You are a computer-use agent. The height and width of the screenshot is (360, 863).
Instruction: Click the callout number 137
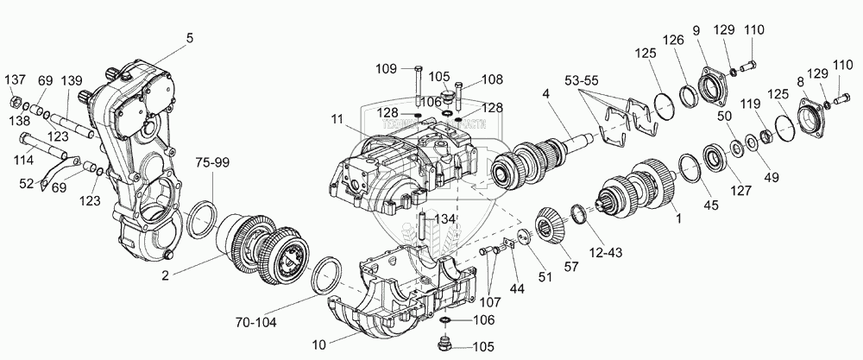coord(16,80)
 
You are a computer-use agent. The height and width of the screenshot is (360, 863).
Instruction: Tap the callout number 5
coord(189,37)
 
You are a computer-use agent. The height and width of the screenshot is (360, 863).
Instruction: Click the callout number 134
coord(445,218)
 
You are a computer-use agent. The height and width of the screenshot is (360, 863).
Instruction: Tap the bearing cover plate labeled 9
coord(714,85)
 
